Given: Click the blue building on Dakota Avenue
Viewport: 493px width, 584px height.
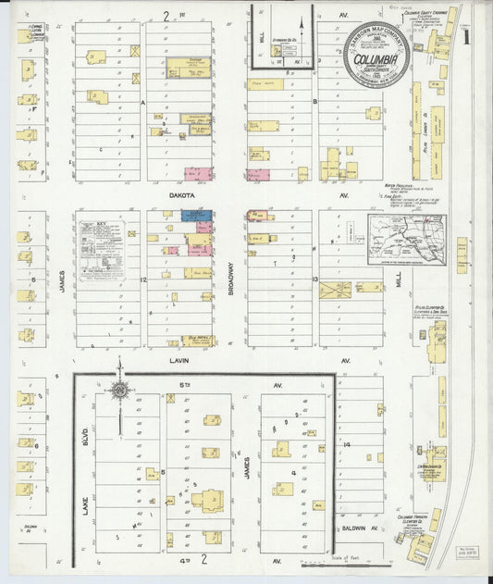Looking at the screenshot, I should [x=195, y=216].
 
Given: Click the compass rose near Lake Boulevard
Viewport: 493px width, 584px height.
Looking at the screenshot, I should [x=119, y=391].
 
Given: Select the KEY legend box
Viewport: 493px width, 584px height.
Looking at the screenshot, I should [x=102, y=250].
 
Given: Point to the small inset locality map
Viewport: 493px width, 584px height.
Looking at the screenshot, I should [x=406, y=238].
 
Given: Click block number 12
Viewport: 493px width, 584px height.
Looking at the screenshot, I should [x=143, y=279].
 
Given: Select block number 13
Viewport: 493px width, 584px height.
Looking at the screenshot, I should [x=315, y=279].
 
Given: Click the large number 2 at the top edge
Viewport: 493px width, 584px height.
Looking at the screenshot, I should [x=166, y=15].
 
